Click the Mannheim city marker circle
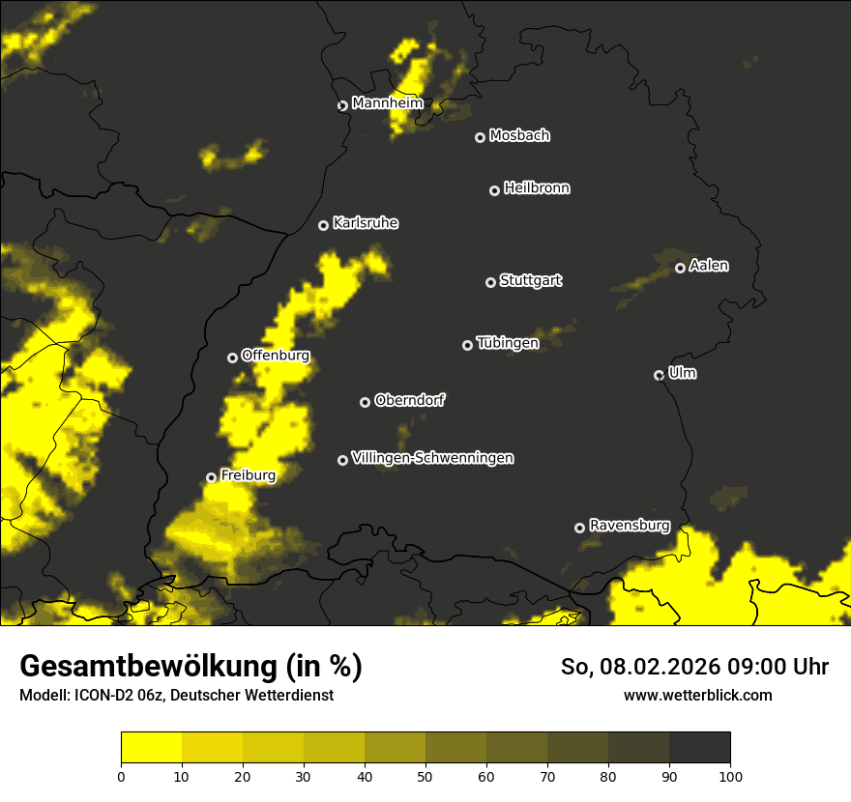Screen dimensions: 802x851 click(x=342, y=106)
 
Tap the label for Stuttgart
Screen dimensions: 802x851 click(x=531, y=280)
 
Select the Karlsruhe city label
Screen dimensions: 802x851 click(x=366, y=223)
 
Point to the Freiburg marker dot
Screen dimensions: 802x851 click(x=212, y=477)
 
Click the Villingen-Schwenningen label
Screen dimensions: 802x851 click(x=432, y=458)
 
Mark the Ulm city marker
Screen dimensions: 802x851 click(x=660, y=375)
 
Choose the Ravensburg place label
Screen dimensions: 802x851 click(x=630, y=526)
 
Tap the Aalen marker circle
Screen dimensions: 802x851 click(x=681, y=268)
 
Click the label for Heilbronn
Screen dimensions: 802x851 click(x=537, y=188)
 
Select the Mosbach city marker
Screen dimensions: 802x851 click(x=480, y=137)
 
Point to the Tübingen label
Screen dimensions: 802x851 click(x=508, y=343)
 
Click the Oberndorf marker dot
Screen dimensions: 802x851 click(x=365, y=402)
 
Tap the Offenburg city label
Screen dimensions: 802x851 click(x=276, y=355)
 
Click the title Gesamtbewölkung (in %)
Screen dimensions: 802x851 click(x=191, y=667)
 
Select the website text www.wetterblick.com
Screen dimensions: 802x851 click(x=698, y=695)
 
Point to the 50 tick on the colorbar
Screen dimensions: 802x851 click(x=425, y=776)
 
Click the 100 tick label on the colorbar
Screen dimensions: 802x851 click(x=730, y=776)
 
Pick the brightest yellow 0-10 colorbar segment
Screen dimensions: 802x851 click(x=152, y=748)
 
